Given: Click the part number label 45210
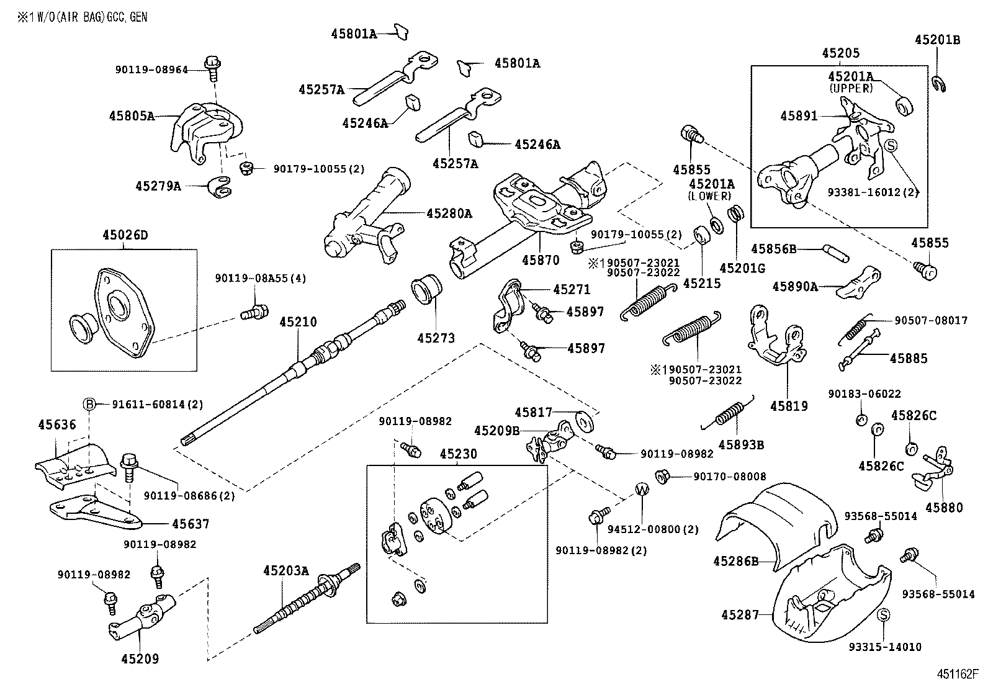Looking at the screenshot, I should pyautogui.click(x=297, y=322).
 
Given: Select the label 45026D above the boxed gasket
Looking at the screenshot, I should pyautogui.click(x=125, y=235).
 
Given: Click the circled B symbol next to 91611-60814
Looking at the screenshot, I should pyautogui.click(x=89, y=404).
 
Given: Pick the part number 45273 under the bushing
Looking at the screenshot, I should pyautogui.click(x=436, y=338).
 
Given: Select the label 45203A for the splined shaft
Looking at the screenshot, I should pyautogui.click(x=285, y=570).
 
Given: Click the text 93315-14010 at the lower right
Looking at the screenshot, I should pyautogui.click(x=885, y=647).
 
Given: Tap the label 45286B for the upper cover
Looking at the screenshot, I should pyautogui.click(x=736, y=561).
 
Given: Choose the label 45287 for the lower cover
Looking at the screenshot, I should pyautogui.click(x=740, y=615).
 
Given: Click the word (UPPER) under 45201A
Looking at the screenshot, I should pyautogui.click(x=851, y=88).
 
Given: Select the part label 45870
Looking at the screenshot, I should pyautogui.click(x=541, y=261).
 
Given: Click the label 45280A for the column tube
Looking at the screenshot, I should pyautogui.click(x=449, y=213).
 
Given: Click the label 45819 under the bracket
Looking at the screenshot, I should pyautogui.click(x=789, y=406).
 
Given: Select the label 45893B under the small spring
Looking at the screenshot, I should pyautogui.click(x=741, y=444).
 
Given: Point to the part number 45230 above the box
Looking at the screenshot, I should pyautogui.click(x=459, y=454).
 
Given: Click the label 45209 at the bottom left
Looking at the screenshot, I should pyautogui.click(x=140, y=659).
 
